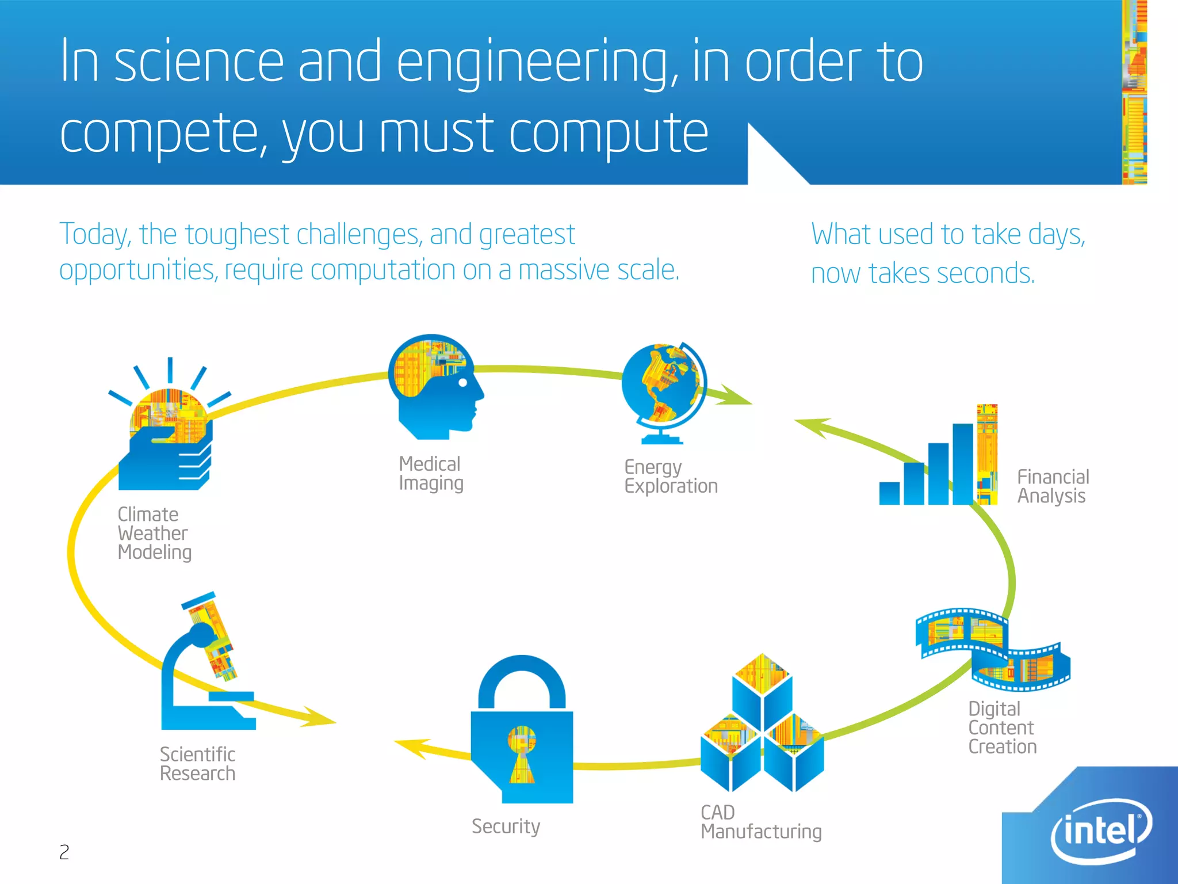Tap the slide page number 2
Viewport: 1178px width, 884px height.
64,852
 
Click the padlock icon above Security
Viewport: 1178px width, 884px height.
522,731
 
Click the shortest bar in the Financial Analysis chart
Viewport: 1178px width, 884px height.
889,493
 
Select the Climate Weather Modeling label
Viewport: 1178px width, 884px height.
154,534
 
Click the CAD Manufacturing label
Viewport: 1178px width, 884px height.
760,822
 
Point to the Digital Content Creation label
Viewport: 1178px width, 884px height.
1002,727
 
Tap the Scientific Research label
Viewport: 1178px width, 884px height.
197,764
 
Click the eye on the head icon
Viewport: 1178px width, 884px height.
462,382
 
